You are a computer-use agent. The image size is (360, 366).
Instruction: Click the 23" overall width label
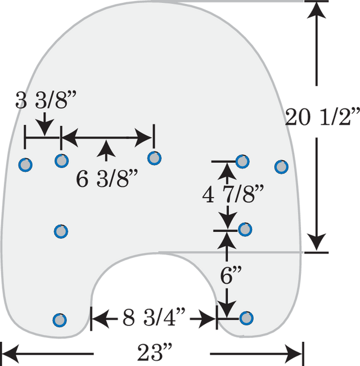click(155, 352)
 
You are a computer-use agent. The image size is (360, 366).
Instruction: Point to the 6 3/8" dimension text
click(107, 179)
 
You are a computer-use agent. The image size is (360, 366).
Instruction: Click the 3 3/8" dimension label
click(46, 100)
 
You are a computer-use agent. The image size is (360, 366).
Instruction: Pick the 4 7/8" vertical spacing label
click(233, 194)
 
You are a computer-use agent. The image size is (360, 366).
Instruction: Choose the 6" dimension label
click(231, 275)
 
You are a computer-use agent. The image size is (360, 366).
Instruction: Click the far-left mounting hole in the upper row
click(25, 165)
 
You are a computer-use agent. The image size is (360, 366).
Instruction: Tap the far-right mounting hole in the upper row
click(281, 167)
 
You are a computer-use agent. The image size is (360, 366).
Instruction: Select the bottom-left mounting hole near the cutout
click(60, 320)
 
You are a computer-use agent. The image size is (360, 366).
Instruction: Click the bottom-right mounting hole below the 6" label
click(246, 318)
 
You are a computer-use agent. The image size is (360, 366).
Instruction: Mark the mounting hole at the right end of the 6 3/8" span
click(154, 158)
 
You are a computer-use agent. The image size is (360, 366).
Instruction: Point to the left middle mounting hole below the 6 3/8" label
click(61, 231)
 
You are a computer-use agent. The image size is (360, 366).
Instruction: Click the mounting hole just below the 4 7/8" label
click(245, 229)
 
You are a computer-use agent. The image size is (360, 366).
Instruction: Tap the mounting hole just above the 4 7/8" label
click(242, 161)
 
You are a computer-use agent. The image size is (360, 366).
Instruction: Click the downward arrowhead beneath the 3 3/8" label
click(45, 127)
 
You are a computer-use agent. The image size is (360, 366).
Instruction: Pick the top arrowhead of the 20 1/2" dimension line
click(316, 10)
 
